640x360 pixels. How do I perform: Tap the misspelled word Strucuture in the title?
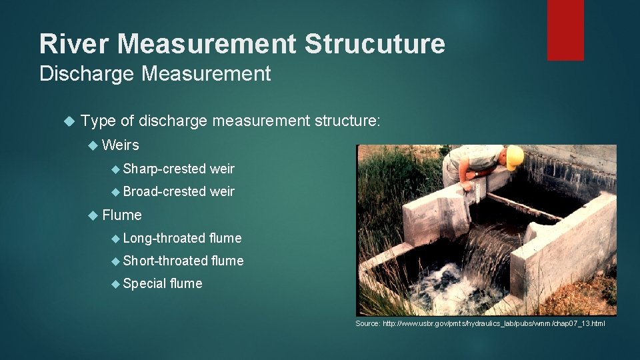(x=375, y=44)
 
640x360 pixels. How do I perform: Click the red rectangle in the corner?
(x=565, y=29)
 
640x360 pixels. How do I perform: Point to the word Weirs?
(x=121, y=145)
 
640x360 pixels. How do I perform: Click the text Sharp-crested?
(x=164, y=169)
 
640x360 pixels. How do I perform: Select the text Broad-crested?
(x=164, y=192)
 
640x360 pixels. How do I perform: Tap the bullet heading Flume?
(x=122, y=215)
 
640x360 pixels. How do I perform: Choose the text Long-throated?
(x=164, y=238)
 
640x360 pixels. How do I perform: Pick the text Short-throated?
(x=165, y=261)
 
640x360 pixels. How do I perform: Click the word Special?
(x=145, y=283)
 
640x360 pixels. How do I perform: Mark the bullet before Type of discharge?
(x=67, y=121)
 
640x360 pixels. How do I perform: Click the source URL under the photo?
(x=494, y=323)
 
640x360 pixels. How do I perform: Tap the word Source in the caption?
(x=367, y=323)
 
